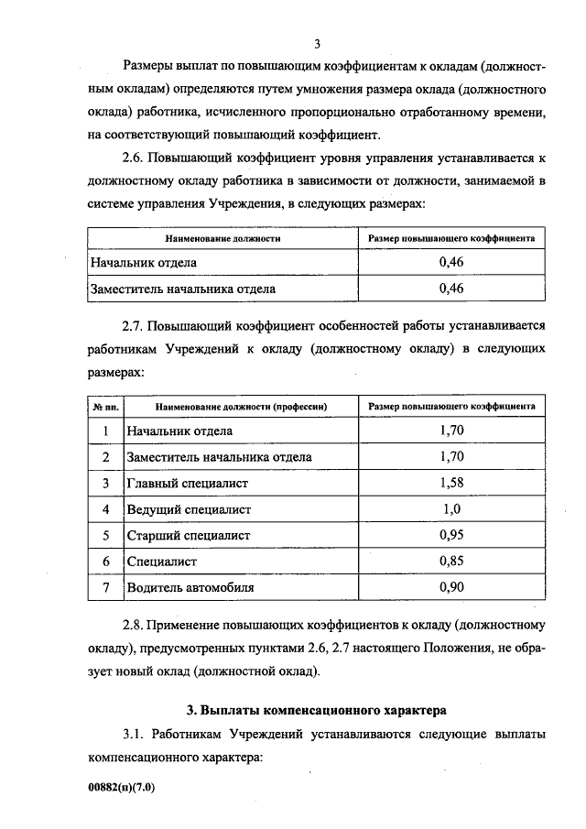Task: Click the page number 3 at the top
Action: coord(316,43)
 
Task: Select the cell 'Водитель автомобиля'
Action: coord(191,587)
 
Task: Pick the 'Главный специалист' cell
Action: coord(189,483)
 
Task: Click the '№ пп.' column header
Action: coord(105,405)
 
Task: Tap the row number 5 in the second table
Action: coord(106,535)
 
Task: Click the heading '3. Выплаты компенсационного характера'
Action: coord(316,709)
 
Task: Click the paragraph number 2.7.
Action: coord(134,324)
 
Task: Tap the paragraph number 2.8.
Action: coord(134,626)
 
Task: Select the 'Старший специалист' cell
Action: coord(190,535)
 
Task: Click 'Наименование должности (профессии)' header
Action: coord(242,405)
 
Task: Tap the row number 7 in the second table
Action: coord(106,587)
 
